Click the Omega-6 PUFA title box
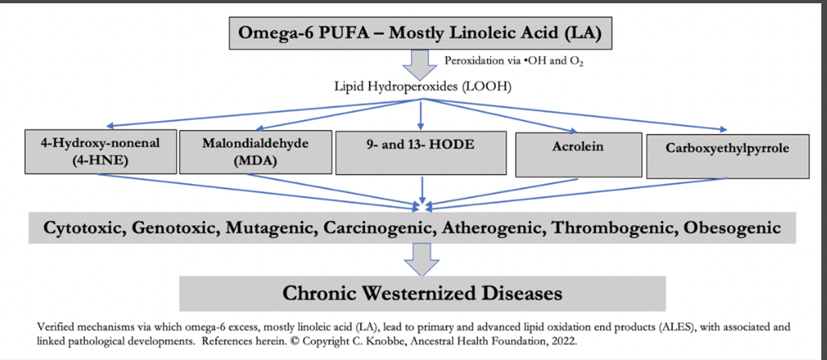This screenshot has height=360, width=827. [418, 33]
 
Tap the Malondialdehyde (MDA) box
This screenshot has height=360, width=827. [254, 151]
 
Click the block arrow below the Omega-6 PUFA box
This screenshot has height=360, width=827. [418, 61]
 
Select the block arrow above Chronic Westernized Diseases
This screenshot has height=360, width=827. [422, 257]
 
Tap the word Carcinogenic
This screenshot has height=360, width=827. [376, 228]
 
